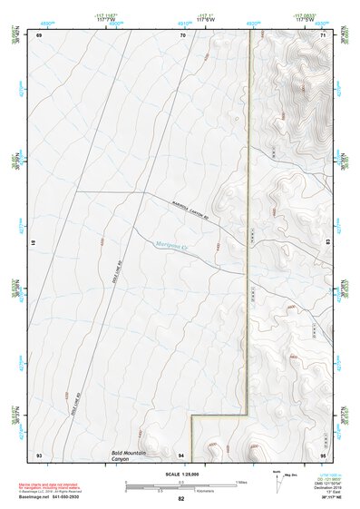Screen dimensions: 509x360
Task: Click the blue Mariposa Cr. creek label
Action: tap(171, 246)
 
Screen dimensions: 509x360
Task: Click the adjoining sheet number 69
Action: tap(39, 35)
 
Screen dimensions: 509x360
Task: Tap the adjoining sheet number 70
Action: tap(182, 35)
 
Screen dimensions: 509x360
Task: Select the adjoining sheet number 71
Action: tap(324, 35)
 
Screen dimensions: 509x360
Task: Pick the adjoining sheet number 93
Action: tap(39, 453)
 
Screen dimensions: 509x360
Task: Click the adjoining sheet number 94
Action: tap(181, 453)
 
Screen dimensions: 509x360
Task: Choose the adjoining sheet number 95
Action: tap(324, 453)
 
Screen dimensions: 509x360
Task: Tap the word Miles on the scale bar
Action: tap(240, 482)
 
